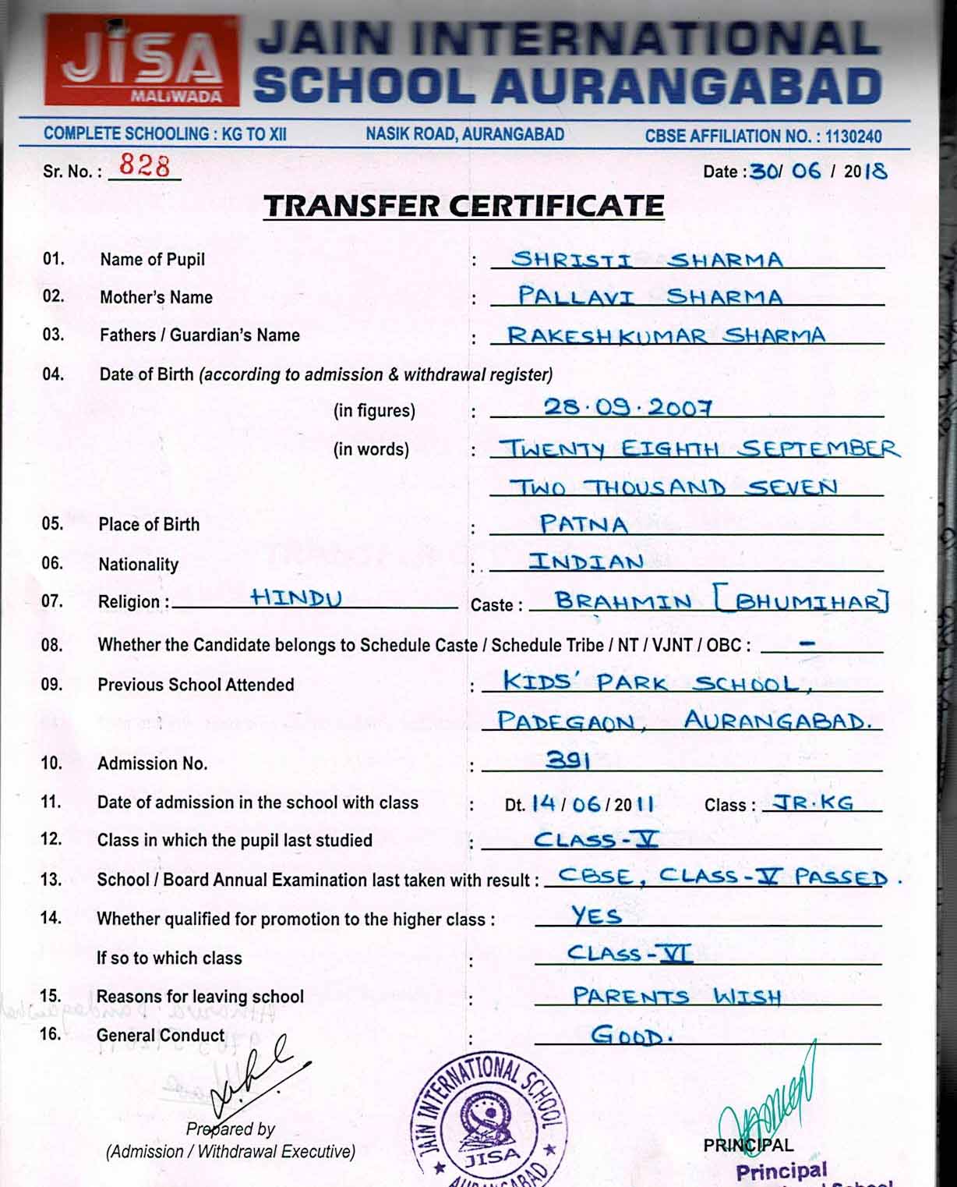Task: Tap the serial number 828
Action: pyautogui.click(x=144, y=166)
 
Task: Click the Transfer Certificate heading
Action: pyautogui.click(x=464, y=206)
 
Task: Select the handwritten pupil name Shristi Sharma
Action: pyautogui.click(x=646, y=260)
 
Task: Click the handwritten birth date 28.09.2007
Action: pyautogui.click(x=627, y=407)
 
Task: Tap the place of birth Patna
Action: pyautogui.click(x=584, y=524)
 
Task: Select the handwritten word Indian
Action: pyautogui.click(x=586, y=562)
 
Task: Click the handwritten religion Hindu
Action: pyautogui.click(x=296, y=598)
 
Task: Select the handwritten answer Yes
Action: pyautogui.click(x=596, y=916)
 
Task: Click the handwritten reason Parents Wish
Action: pyautogui.click(x=676, y=996)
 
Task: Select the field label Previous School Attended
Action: pyautogui.click(x=196, y=685)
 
